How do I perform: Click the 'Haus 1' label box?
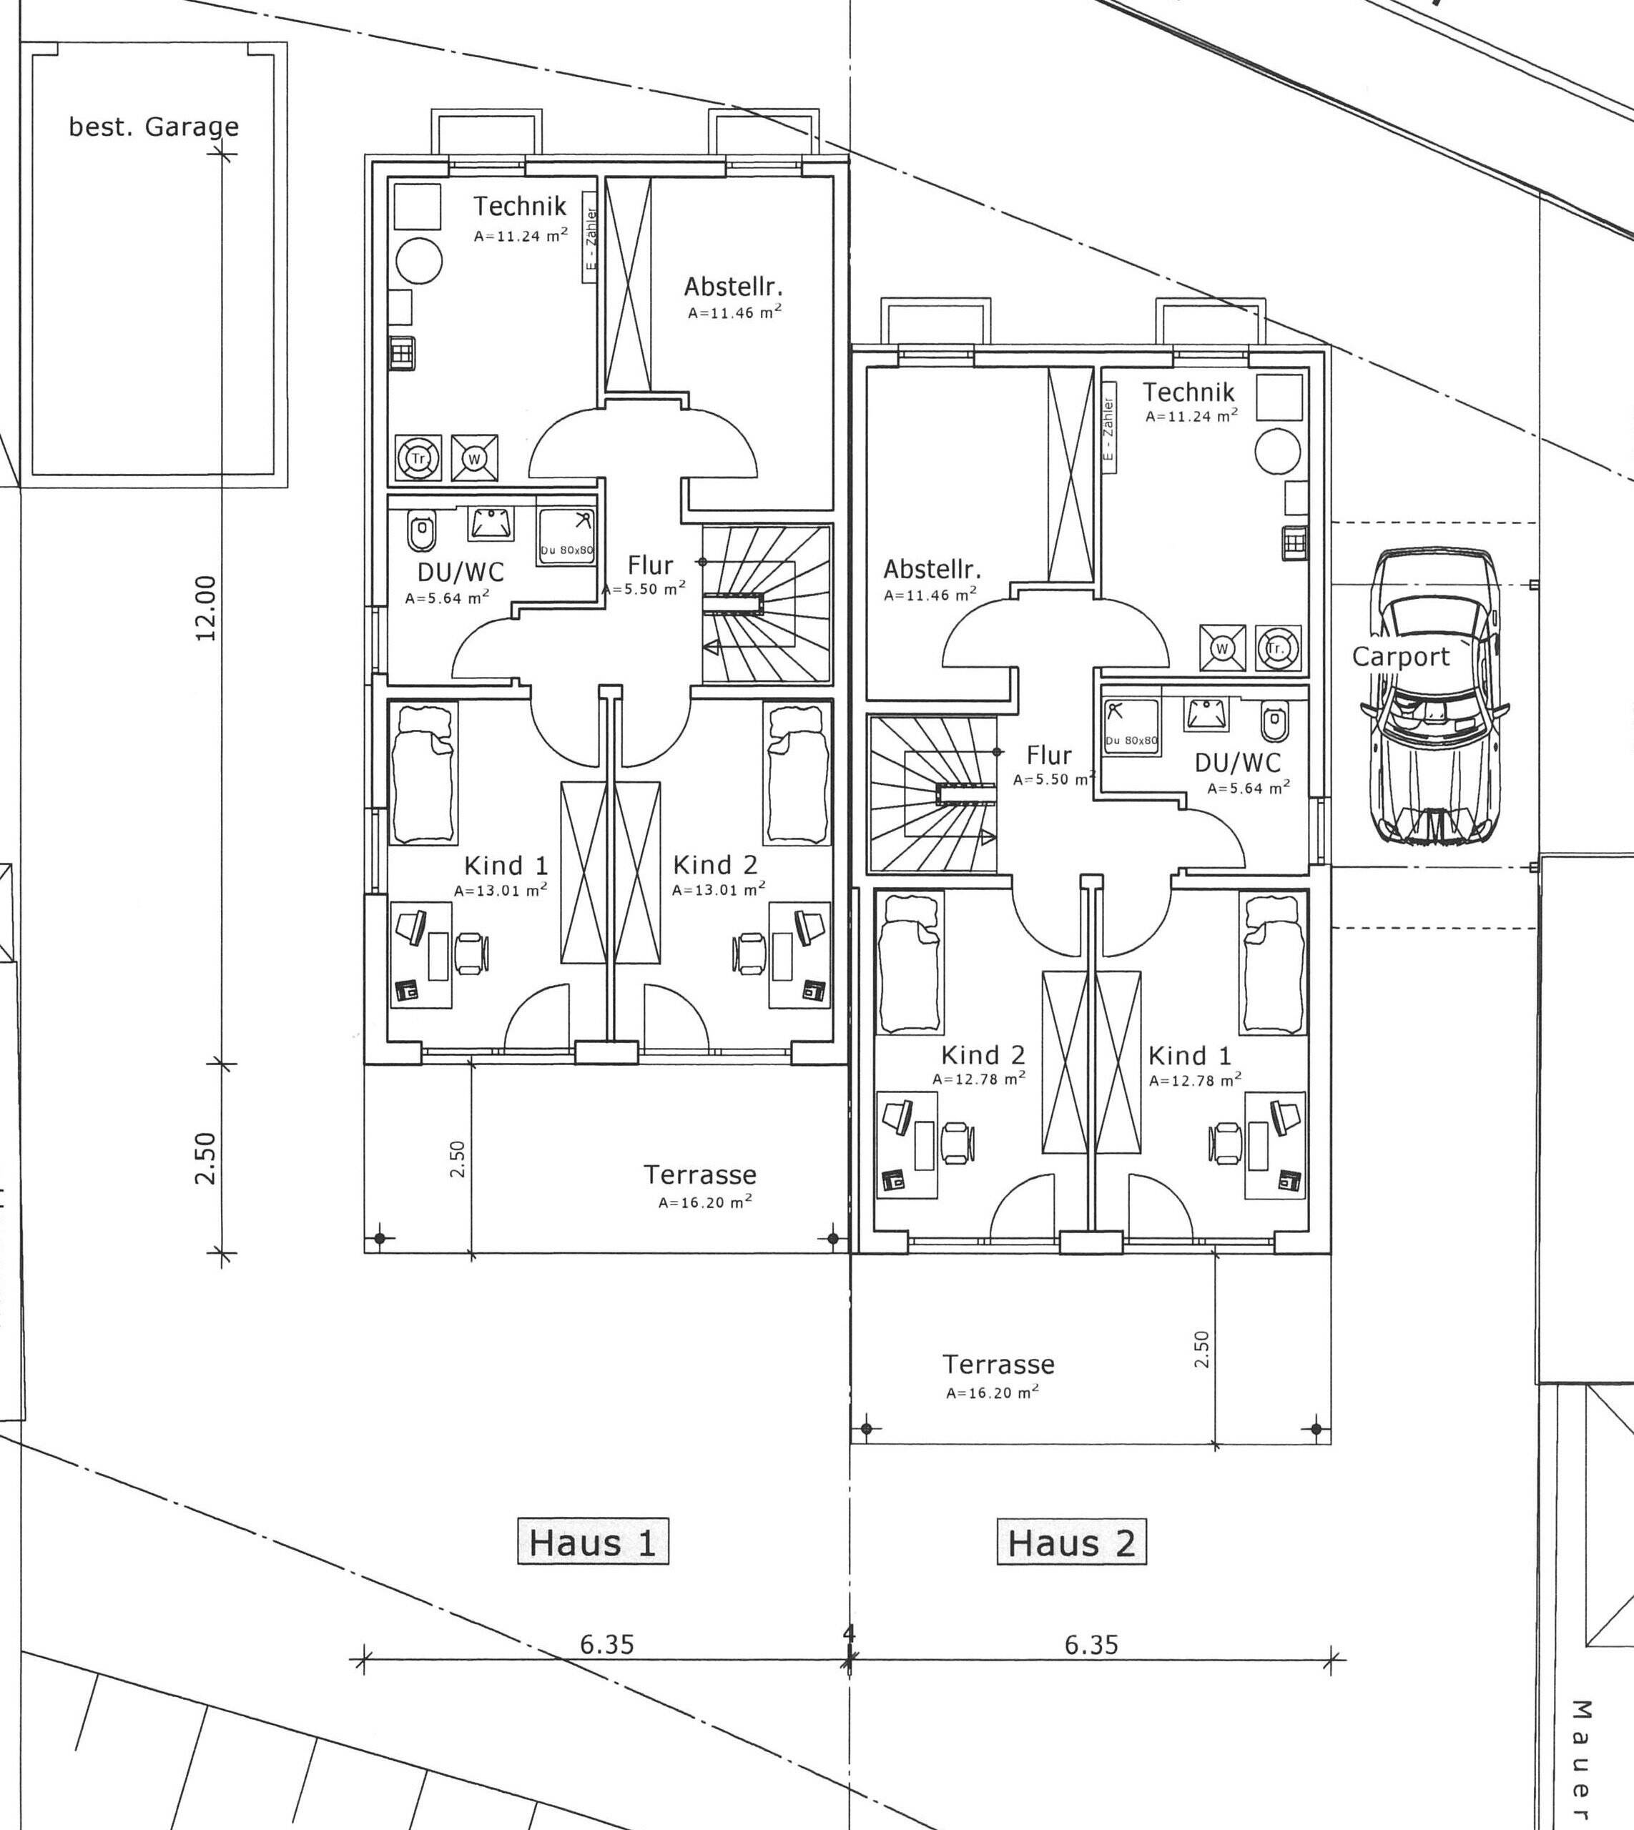(x=594, y=1543)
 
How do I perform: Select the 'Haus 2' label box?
(x=1072, y=1543)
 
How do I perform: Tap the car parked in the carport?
(x=1434, y=696)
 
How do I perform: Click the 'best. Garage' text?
(x=154, y=127)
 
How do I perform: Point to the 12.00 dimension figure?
(x=207, y=608)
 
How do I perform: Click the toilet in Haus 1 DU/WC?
(x=421, y=530)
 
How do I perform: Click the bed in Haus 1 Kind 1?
(x=423, y=773)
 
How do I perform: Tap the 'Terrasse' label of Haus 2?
(x=998, y=1364)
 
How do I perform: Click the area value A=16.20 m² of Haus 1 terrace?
(x=706, y=1202)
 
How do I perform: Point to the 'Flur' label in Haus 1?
(x=650, y=565)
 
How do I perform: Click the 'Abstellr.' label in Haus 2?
(x=932, y=569)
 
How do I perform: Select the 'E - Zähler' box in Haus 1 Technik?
(x=590, y=237)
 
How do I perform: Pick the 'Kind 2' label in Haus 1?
(x=716, y=864)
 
